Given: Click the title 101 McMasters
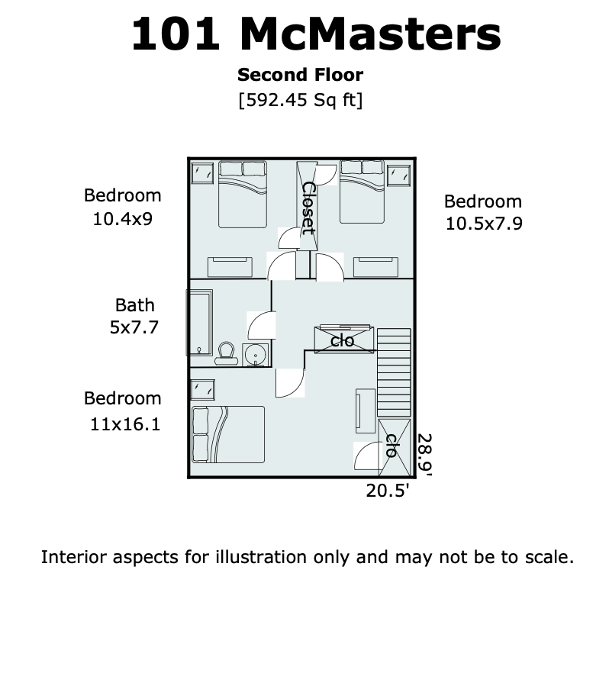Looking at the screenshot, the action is [x=316, y=34].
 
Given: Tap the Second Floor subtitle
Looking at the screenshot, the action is [x=301, y=75].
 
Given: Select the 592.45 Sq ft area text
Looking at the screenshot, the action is [x=301, y=100].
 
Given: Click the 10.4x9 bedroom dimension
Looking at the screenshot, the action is [x=123, y=219].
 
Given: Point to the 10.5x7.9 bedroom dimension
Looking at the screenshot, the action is [x=484, y=224].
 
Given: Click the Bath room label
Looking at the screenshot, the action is [x=135, y=305].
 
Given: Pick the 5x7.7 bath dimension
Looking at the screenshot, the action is [x=134, y=327].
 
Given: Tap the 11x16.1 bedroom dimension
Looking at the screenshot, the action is [x=125, y=424].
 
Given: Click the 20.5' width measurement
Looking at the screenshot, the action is [x=388, y=490].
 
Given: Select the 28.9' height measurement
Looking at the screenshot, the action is [x=424, y=455].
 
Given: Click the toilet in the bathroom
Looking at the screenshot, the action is [x=226, y=353].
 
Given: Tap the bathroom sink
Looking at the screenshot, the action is [x=256, y=355].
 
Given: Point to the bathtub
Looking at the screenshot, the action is [x=200, y=322].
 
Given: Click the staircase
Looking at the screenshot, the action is [x=394, y=372].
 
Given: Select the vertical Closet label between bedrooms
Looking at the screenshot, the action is [x=308, y=208].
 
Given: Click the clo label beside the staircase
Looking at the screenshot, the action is [x=343, y=341].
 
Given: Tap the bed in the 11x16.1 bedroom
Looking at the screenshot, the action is [x=228, y=434].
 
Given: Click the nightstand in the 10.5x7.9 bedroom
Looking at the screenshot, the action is [x=398, y=175].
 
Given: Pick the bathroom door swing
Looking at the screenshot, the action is [x=261, y=325].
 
